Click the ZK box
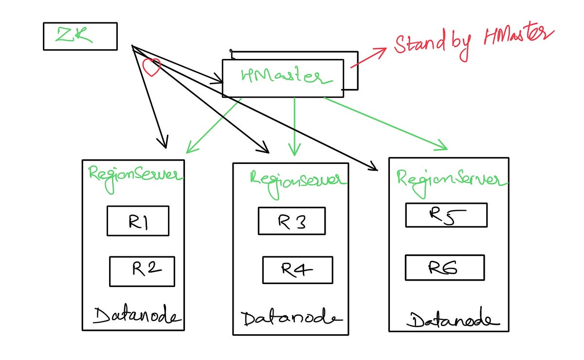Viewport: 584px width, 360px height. (80, 36)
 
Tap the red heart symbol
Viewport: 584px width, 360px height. (151, 67)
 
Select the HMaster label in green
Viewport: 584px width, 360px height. (281, 76)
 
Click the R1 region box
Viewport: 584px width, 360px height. (138, 221)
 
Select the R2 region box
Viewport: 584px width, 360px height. (142, 271)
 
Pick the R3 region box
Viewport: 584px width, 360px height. (291, 221)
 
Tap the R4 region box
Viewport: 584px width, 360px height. (297, 270)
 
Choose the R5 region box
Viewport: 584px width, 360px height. (446, 215)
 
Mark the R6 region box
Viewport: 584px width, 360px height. (444, 268)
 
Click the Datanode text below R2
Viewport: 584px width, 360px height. (137, 316)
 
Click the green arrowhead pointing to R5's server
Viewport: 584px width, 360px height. (442, 145)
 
